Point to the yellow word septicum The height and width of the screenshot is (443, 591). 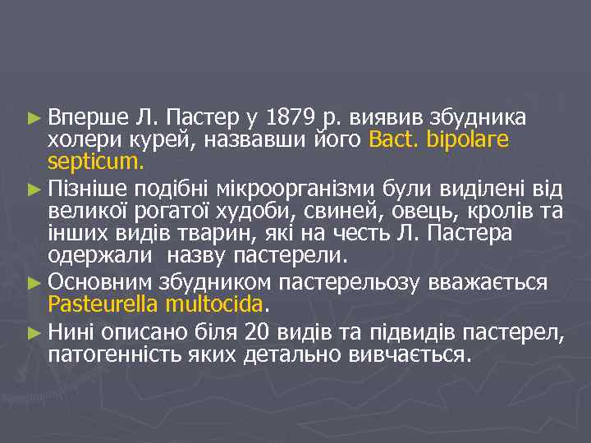coord(95,163)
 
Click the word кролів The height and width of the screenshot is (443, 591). coord(503,212)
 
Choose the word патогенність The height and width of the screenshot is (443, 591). coord(107,354)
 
